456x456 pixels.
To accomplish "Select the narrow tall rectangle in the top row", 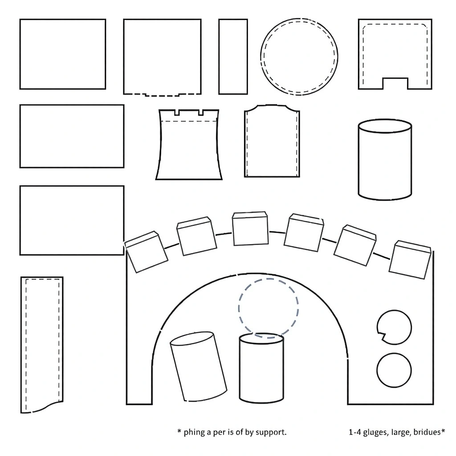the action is [233, 57].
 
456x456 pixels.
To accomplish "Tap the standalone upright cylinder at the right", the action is [385, 159].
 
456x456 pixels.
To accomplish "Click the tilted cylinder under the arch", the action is [198, 366].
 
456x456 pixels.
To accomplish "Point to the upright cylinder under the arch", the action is [261, 368].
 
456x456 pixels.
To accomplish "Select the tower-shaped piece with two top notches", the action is [189, 145].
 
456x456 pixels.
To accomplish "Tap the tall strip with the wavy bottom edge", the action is [41, 345].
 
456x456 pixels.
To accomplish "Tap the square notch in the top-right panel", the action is [395, 83].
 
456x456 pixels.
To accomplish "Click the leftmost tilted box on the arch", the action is [146, 252].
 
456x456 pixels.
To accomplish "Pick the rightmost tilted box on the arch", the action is [410, 260].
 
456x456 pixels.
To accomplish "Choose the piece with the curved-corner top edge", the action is [272, 141].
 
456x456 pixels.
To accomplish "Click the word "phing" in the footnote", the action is [194, 432].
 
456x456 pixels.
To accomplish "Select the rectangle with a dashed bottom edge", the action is [162, 57].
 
